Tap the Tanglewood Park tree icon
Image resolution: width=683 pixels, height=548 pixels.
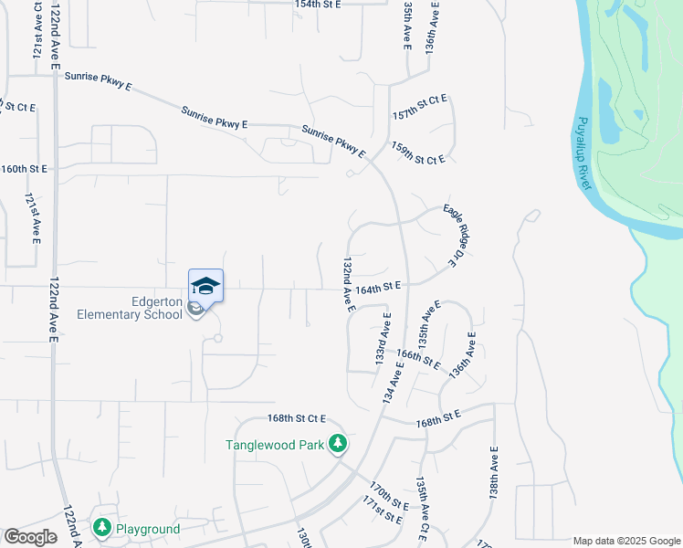pos(339,444)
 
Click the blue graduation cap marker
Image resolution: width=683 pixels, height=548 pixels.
pos(205,286)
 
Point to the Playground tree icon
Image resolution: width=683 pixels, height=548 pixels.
pos(101,528)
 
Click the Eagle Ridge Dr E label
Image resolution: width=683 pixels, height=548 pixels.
pos(449,236)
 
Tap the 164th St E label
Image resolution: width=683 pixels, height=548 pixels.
pos(379,286)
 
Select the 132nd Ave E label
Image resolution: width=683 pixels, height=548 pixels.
pos(348,284)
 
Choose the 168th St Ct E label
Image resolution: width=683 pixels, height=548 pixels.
pos(297,418)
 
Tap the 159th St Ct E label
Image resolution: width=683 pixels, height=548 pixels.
pos(417,153)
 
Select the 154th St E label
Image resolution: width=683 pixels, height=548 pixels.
pos(317,5)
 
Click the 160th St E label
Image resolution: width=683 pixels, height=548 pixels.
pos(24,169)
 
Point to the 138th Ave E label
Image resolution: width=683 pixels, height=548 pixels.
pos(493,471)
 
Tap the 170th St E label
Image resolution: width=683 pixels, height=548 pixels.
pos(389,494)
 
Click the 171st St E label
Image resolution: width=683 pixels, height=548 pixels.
pos(382,511)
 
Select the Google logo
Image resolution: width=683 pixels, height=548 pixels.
pos(29,537)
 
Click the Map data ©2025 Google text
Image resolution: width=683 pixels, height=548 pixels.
pos(625,541)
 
